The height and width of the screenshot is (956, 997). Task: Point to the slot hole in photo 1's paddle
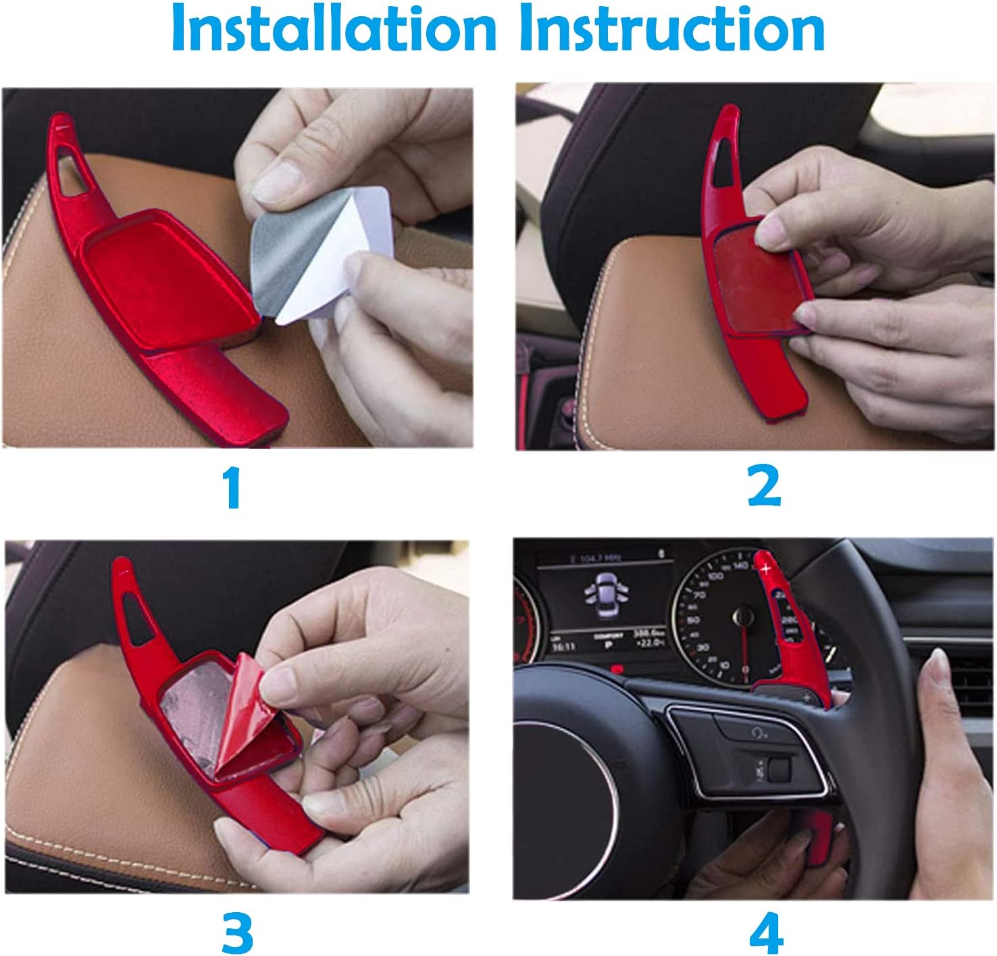(x=72, y=169)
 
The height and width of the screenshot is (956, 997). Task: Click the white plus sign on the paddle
(x=767, y=568)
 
